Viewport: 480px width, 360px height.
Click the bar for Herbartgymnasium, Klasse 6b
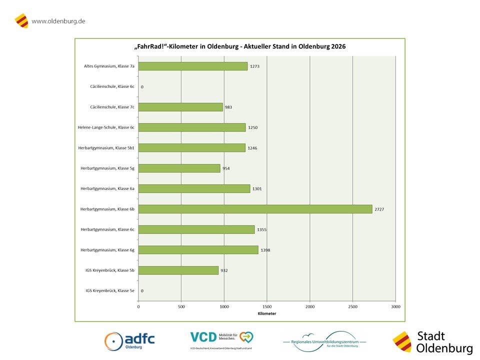(x=255, y=209)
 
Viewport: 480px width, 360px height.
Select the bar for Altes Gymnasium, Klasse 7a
(x=192, y=66)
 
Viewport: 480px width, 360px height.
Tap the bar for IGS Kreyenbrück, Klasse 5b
(x=178, y=270)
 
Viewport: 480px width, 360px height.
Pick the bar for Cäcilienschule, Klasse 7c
(x=180, y=107)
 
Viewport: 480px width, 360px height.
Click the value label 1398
(x=265, y=250)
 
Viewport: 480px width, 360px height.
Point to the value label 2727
(x=379, y=209)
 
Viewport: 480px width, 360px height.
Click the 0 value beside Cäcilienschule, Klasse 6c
(x=142, y=87)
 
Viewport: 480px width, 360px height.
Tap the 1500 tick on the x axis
(x=267, y=306)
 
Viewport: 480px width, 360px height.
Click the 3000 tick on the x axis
(x=395, y=306)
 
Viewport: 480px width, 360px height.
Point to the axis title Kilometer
(x=267, y=313)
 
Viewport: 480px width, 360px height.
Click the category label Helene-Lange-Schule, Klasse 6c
(x=106, y=127)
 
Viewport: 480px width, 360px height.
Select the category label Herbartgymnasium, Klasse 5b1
(x=106, y=148)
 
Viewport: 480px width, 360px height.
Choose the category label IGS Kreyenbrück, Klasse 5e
(x=110, y=290)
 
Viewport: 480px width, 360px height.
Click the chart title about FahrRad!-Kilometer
(x=240, y=46)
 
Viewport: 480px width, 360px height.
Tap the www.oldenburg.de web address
(x=58, y=21)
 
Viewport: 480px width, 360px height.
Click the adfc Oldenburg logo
(x=129, y=341)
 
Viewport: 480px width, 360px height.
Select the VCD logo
(x=221, y=339)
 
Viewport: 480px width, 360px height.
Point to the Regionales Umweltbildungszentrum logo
(x=324, y=341)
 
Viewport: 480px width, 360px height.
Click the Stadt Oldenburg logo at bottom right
(x=433, y=342)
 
